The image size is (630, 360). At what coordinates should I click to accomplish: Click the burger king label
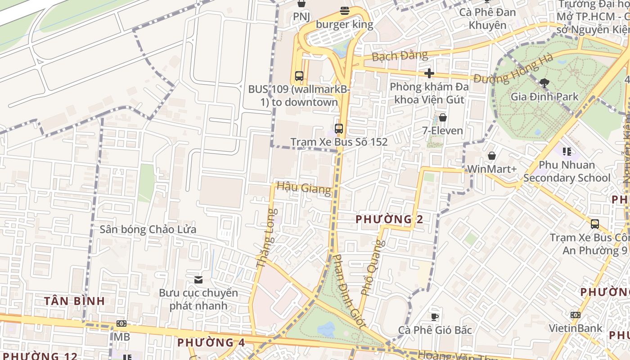pos(345,24)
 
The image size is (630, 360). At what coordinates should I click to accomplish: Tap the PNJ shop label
pos(301,17)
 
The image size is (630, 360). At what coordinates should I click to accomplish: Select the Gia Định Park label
pos(544,96)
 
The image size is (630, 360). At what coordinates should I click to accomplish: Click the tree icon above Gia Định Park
pos(544,82)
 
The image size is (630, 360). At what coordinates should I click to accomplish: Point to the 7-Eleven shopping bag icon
pos(443,118)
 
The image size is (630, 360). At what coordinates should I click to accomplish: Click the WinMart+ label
pos(492,169)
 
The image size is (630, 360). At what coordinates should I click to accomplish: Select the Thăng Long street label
pos(265,238)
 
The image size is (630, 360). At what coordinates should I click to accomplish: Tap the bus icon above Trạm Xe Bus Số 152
pos(339,129)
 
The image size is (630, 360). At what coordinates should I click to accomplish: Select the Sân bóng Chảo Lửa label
pos(148,229)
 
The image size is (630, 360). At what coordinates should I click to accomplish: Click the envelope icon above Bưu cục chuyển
pos(198,280)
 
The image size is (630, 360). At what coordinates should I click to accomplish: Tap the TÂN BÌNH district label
pos(75,301)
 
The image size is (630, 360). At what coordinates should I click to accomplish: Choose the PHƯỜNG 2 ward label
pos(389,220)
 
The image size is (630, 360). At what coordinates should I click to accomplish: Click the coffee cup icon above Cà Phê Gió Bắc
pos(435,317)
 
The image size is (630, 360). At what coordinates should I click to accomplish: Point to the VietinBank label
pos(575,328)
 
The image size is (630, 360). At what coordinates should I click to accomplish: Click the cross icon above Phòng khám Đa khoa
pos(429,73)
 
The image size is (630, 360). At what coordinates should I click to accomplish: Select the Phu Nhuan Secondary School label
pos(567,171)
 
